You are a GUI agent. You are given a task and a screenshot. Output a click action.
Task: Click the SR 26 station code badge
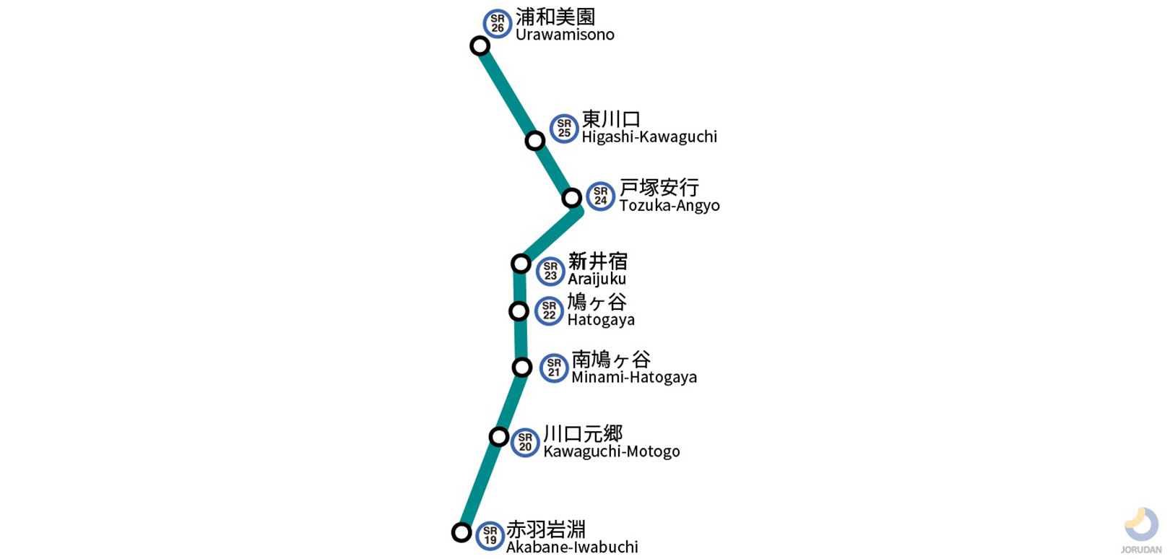pos(497,24)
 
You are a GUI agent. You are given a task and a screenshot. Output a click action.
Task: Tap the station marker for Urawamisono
pos(480,46)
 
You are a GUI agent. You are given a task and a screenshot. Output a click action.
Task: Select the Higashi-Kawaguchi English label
pos(649,136)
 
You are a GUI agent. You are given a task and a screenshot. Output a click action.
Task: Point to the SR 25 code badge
pos(564,129)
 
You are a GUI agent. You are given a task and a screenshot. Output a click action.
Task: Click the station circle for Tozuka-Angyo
pos(572,198)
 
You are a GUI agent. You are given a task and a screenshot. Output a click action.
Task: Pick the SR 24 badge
pos(600,196)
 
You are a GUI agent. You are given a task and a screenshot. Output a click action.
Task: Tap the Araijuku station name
pos(597,279)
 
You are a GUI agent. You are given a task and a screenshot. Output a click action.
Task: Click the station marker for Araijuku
pos(521,264)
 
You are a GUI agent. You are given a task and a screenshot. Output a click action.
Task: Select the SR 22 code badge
pos(549,311)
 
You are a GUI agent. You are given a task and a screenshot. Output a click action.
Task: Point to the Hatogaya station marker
pos(519,311)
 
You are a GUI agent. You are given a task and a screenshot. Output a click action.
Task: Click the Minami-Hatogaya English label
pos(634,377)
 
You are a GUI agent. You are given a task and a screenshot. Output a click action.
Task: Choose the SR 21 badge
pos(554,368)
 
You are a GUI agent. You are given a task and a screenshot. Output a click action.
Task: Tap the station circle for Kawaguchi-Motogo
pos(499,436)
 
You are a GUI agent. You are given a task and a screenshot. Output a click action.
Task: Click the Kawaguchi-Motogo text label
pos(612,451)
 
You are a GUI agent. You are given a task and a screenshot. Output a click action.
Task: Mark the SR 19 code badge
pos(490,536)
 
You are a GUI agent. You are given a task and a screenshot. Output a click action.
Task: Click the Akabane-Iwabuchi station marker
pos(461,532)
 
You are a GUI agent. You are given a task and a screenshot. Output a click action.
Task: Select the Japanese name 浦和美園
pos(555,17)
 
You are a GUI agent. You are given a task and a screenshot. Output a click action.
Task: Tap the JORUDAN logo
pos(1141,529)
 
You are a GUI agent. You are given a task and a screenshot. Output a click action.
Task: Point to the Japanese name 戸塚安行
pos(659,188)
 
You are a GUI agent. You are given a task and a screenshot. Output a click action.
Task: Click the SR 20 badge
pos(525,442)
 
